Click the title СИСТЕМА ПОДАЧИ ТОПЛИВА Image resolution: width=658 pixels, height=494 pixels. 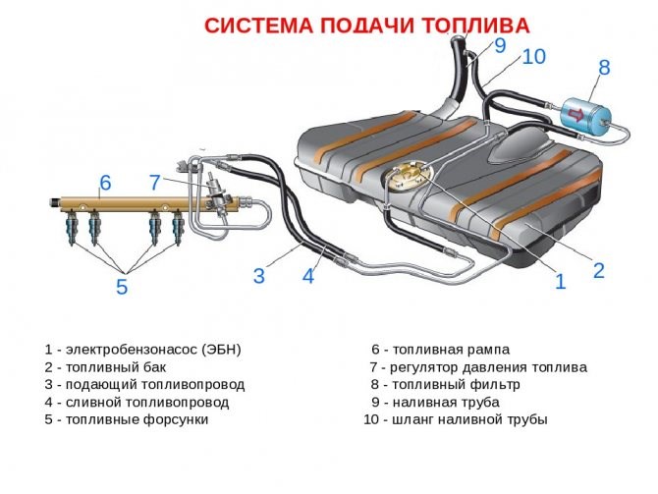coord(366,26)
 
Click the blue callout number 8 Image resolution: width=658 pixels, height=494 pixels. coord(604,68)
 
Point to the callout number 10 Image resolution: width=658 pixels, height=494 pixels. coord(533,57)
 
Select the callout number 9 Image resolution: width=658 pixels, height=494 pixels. coord(500,45)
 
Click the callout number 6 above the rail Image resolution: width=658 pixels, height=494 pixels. coord(105,183)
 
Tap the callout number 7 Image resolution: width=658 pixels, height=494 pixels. coord(154,183)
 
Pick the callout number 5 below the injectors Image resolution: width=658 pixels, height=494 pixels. coord(122,287)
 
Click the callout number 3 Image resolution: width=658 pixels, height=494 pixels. coord(258,276)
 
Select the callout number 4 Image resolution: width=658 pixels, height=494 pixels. coord(307,276)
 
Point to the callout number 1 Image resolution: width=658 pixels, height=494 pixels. coord(560,282)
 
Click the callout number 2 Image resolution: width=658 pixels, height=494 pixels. coord(598,269)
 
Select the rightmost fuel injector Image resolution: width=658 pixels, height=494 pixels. coord(178,230)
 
